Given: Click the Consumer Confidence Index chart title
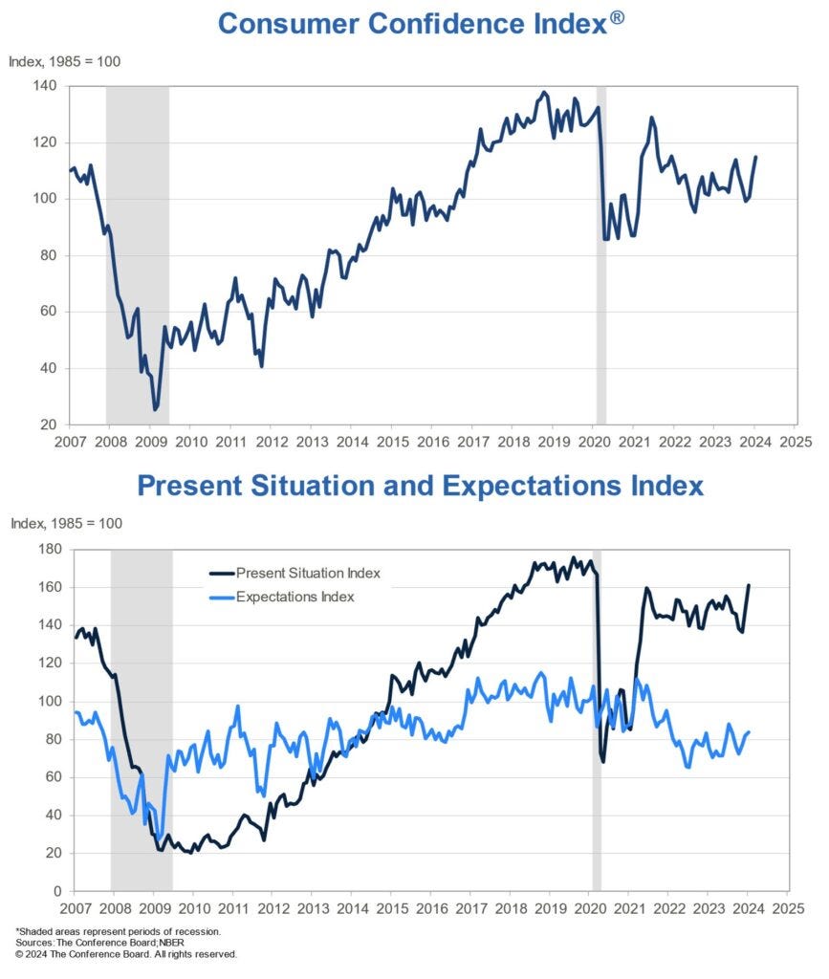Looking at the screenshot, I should pos(414,23).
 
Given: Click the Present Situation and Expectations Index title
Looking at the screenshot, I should pos(421,485).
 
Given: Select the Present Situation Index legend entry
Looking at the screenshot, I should pos(295,573).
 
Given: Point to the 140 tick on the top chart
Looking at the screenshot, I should pos(45,86).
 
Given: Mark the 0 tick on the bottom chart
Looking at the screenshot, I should pos(55,891).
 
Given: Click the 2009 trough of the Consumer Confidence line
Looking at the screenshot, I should pos(156,409).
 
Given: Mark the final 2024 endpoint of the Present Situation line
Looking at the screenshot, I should pos(749,585).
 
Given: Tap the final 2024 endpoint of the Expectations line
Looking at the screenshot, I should pos(749,732).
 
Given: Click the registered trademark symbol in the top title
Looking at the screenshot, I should pos(618,15).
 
